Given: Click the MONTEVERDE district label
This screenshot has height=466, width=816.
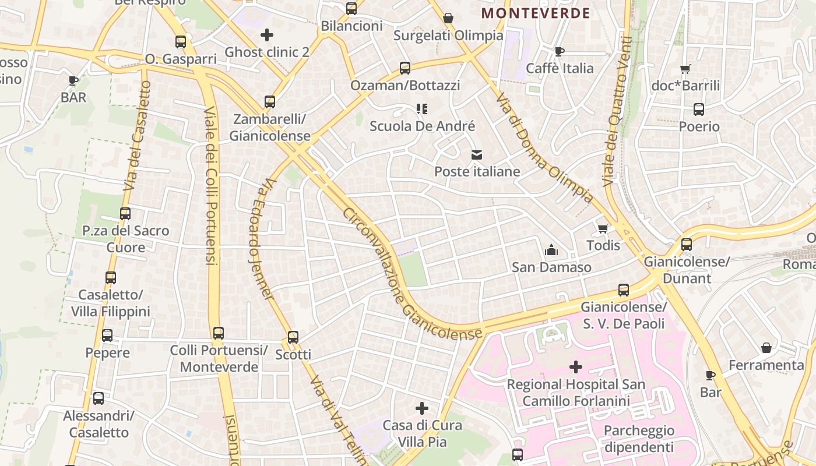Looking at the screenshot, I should [536, 13].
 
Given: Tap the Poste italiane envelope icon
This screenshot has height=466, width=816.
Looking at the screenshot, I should [477, 155].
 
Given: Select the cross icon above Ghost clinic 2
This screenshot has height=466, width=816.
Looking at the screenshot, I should [267, 35].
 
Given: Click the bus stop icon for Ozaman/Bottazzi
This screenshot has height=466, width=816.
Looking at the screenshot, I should [405, 68].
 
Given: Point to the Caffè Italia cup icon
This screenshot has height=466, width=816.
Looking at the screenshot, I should [560, 51].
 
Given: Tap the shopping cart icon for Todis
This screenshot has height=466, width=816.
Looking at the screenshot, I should [603, 228].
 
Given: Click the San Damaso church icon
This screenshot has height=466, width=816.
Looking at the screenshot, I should [551, 250].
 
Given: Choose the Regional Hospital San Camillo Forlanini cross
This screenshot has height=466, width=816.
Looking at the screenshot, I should [576, 367].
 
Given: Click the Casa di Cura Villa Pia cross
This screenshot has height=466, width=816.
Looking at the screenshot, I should [422, 408].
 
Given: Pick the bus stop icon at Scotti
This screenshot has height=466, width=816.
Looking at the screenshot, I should [293, 337].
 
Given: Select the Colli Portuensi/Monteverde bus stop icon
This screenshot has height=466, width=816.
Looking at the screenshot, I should [219, 333].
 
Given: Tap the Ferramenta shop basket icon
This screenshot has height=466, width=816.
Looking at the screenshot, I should [766, 348].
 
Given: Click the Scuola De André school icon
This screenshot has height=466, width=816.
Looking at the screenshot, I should [422, 109].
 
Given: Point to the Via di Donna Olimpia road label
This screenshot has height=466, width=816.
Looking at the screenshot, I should [544, 148].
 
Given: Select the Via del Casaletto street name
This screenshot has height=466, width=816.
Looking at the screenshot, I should [137, 137].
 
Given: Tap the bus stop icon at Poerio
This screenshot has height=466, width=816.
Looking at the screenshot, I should [699, 110].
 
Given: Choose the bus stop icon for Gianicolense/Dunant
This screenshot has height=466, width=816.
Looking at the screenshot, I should [687, 245].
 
